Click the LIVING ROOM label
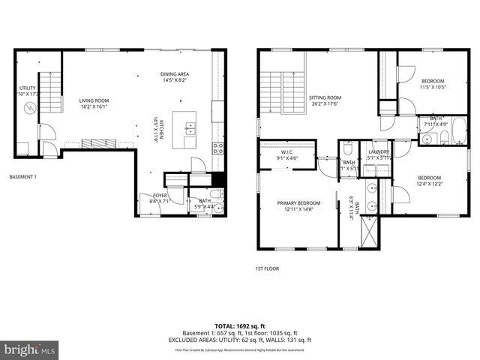click(x=95, y=103)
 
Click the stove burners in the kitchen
click(x=218, y=148)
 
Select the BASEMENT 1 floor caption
click(x=22, y=177)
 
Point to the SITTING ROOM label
click(x=325, y=100)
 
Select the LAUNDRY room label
click(x=378, y=154)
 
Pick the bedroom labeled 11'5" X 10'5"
click(x=432, y=84)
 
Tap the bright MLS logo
click(x=30, y=350)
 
